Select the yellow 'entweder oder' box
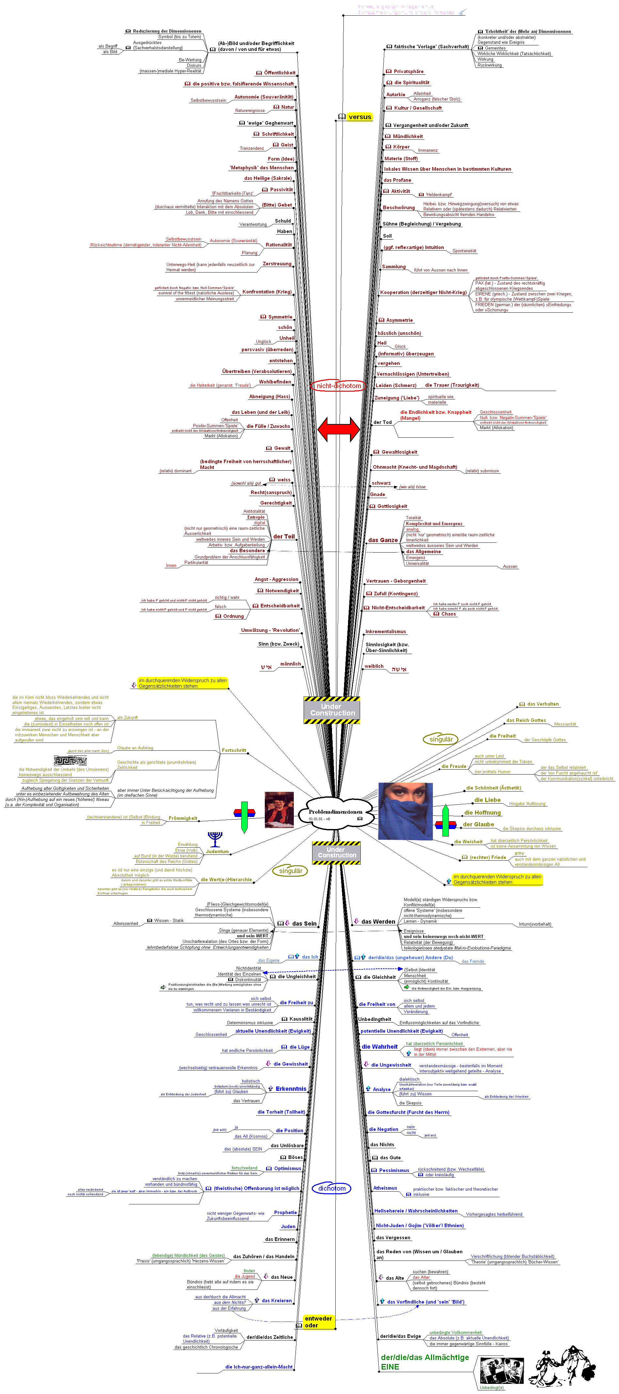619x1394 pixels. point(318,1322)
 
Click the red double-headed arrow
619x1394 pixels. point(339,429)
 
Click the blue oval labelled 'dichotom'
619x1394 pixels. point(331,1188)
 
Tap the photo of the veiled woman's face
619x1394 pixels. point(405,811)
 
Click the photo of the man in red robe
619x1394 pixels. point(279,809)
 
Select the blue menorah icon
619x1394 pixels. point(215,839)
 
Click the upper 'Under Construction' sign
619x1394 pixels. point(332,710)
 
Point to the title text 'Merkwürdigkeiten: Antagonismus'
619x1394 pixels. point(396,7)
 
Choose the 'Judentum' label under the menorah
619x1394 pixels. point(217,852)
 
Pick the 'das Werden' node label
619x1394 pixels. point(378,922)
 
